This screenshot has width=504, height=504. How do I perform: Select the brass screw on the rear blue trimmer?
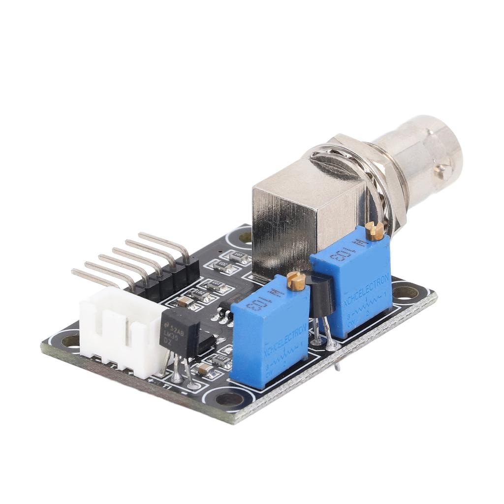click(375, 230)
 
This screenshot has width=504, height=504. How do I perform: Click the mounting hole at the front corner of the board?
click(229, 399)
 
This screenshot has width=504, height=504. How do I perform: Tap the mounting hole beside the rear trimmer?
click(406, 293)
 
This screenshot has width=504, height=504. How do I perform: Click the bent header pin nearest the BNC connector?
click(165, 244)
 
